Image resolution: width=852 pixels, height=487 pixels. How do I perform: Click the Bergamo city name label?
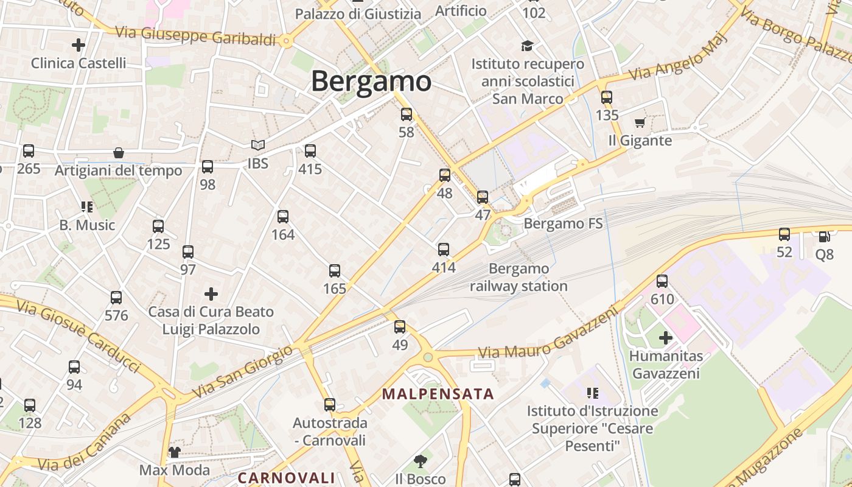(371, 81)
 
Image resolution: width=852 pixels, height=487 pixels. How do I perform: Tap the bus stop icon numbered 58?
(407, 114)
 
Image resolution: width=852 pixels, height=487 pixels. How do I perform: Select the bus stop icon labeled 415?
(310, 151)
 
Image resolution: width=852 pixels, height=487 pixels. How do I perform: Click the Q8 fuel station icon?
(824, 236)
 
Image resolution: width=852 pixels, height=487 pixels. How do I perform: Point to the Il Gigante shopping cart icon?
(640, 123)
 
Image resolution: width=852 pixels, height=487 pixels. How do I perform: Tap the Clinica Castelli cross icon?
(79, 44)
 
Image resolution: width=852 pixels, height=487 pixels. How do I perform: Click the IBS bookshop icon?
(258, 145)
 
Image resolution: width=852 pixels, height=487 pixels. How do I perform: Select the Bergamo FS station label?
(563, 223)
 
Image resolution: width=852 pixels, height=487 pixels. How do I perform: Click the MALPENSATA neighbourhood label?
(438, 394)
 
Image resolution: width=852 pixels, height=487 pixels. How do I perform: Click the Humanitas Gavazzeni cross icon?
(666, 337)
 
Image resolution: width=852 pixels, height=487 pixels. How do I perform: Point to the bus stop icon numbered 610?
(662, 281)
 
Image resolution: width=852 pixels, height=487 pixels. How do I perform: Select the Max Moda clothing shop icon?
(175, 452)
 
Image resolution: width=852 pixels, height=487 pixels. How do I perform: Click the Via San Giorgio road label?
(242, 373)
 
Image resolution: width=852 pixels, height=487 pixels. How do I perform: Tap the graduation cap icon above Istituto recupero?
(527, 46)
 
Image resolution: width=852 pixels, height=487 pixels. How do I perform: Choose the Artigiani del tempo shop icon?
(119, 153)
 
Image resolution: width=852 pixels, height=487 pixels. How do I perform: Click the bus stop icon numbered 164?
(283, 216)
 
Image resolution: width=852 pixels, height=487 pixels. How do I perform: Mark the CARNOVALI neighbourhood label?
(286, 478)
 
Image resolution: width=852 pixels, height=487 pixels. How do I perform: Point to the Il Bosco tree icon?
(420, 461)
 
